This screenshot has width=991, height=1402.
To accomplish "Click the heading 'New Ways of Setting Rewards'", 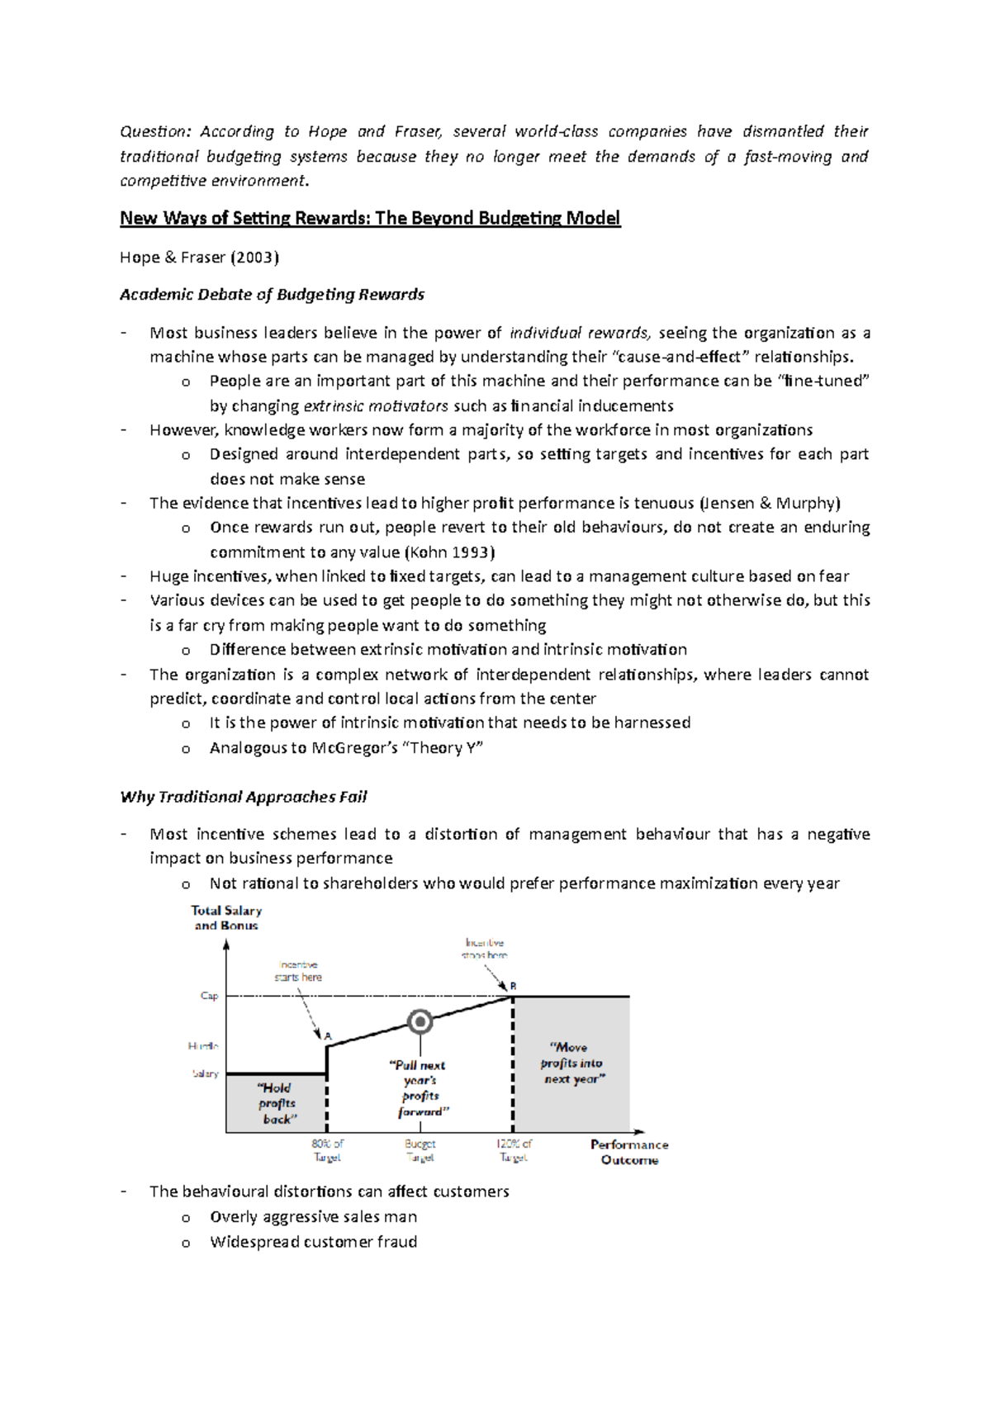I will tap(369, 218).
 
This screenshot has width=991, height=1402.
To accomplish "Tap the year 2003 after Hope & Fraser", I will tap(254, 258).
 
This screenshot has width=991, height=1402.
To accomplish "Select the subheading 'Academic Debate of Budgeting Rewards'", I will tap(272, 295).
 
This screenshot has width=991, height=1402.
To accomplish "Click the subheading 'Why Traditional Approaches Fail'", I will tap(243, 797).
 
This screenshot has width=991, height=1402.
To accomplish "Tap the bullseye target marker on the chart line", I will tap(420, 1022).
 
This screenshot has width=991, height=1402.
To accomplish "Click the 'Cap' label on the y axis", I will tap(209, 996).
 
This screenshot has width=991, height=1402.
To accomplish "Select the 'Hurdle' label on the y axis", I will tap(203, 1046).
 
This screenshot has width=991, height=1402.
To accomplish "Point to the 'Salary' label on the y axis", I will tap(205, 1073).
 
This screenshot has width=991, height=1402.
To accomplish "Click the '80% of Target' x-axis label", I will tap(327, 1150).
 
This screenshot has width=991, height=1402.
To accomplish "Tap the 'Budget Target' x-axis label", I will tap(420, 1150).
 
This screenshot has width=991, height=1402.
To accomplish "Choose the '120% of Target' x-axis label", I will tap(514, 1150).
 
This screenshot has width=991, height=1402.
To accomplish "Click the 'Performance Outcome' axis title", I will tap(629, 1152).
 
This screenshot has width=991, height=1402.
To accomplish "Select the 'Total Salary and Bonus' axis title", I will tap(226, 917).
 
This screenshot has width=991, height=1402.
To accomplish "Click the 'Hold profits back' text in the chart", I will tap(277, 1103).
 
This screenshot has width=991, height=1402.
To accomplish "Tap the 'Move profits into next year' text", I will tap(571, 1063).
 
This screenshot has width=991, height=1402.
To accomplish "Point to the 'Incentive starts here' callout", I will tap(298, 970).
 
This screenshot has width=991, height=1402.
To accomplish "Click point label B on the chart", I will tap(513, 986).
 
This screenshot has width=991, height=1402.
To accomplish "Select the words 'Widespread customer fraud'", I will tap(313, 1242).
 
